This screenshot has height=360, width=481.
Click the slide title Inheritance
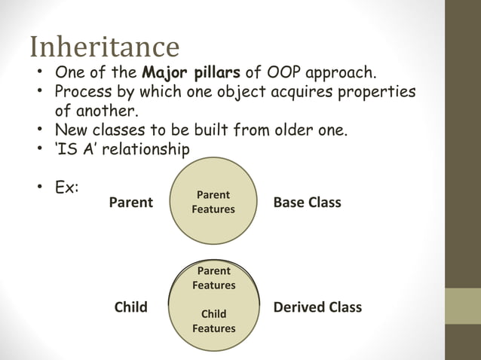tap(104, 47)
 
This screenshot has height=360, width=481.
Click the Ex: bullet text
tap(67, 186)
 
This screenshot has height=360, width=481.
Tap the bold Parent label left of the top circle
tap(131, 203)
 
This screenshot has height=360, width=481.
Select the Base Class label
tap(307, 203)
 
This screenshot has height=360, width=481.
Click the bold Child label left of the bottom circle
tap(131, 307)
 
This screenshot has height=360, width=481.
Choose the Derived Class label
tap(317, 307)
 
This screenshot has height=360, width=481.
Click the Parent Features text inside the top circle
tap(213, 202)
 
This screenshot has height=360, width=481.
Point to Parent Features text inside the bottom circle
tap(213, 278)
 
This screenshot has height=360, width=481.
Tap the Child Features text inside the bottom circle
tap(213, 321)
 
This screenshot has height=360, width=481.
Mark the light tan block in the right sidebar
tap(462, 306)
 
